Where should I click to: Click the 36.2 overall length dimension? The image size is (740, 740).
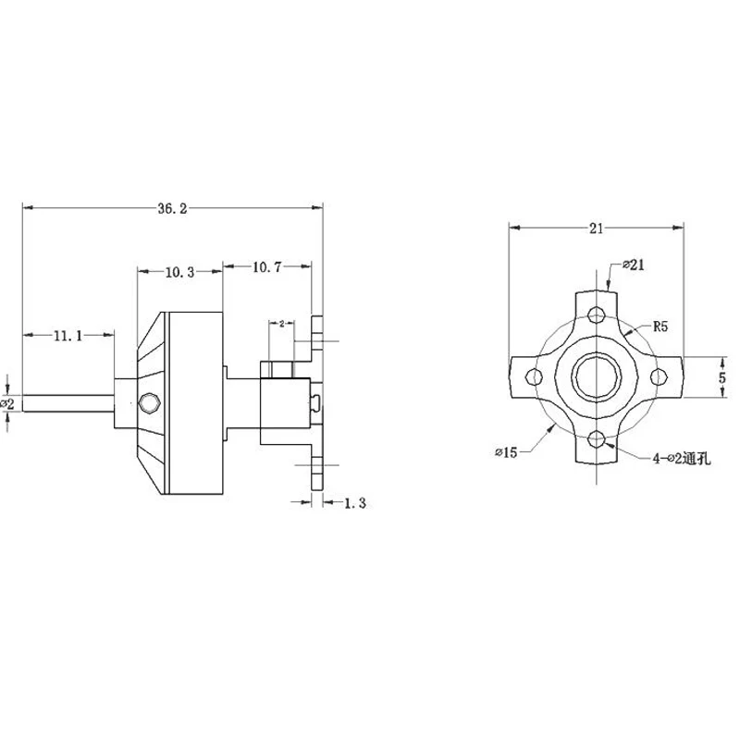172,209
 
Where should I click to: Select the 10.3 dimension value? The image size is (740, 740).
179,272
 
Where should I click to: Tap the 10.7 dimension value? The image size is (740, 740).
266,267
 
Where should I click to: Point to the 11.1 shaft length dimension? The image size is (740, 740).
68,336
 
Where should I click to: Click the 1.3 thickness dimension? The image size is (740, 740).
355,503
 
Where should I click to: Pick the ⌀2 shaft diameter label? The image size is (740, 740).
8,403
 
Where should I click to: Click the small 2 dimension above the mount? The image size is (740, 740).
282,324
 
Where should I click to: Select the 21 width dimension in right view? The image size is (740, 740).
596,228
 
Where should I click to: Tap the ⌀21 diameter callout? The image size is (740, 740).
634,265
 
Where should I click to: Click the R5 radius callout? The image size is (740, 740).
660,327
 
